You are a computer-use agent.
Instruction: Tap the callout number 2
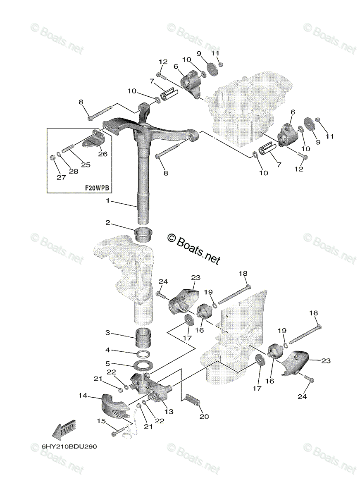tap(107, 223)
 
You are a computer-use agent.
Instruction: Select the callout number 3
tap(107, 332)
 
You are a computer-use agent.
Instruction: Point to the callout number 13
tap(107, 350)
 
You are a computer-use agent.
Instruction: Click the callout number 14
tap(107, 364)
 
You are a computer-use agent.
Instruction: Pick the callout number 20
tap(204, 417)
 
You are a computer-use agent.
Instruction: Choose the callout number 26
tap(103, 154)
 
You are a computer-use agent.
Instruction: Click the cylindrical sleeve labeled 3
tap(143, 337)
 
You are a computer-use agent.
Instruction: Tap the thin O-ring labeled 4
tap(143, 354)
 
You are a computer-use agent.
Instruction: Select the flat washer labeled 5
tap(143, 366)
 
